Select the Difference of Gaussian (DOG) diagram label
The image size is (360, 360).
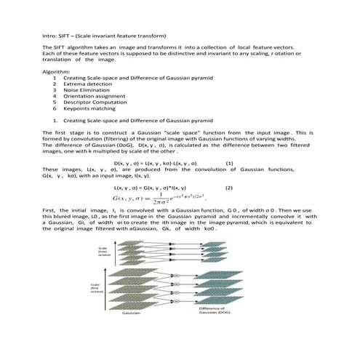pyautogui.click(x=215, y=331)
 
